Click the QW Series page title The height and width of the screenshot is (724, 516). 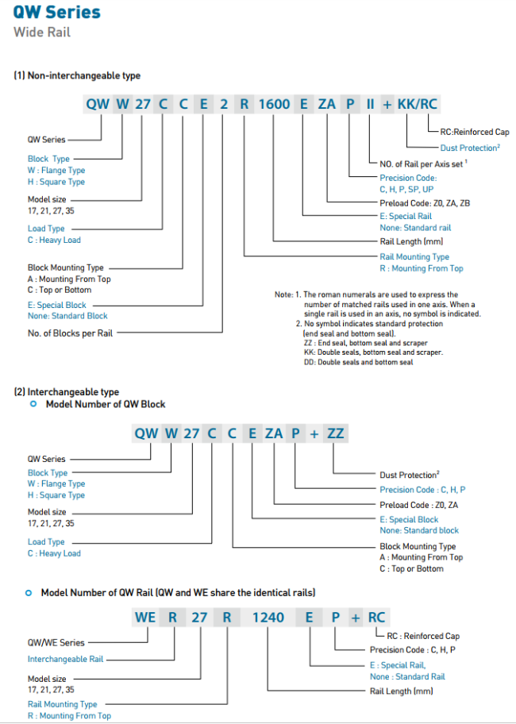pyautogui.click(x=57, y=12)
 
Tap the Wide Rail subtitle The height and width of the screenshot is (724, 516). pyautogui.click(x=42, y=33)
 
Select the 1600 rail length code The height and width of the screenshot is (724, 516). pyautogui.click(x=274, y=104)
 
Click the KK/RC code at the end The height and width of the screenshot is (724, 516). pyautogui.click(x=417, y=104)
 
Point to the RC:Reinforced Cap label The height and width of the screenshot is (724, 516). pyautogui.click(x=474, y=132)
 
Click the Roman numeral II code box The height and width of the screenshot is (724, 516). pyautogui.click(x=371, y=104)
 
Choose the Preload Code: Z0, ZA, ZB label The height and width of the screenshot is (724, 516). pyautogui.click(x=425, y=203)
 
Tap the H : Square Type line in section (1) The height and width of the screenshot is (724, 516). pyautogui.click(x=56, y=182)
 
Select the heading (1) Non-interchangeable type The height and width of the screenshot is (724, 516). pyautogui.click(x=77, y=75)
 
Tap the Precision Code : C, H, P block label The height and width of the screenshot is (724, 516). pyautogui.click(x=422, y=490)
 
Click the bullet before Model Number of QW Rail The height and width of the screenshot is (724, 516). pyautogui.click(x=29, y=593)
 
